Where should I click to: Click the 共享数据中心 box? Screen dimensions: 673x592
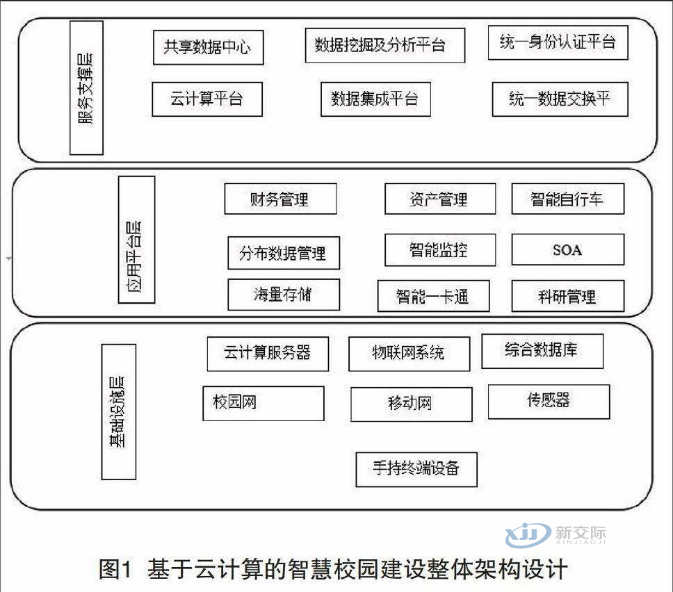tap(208, 47)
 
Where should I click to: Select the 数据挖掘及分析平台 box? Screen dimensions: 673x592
tap(385, 45)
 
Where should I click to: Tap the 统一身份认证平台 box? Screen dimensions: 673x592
tap(558, 42)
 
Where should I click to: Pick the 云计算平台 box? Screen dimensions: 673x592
tap(207, 99)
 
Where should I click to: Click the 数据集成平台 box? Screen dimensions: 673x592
tap(375, 99)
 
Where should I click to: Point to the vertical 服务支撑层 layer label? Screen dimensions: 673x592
tap(86, 88)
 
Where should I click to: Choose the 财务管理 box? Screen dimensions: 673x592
tap(281, 199)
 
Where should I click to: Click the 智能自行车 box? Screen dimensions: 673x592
tap(568, 199)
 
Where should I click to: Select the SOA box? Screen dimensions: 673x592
tap(568, 249)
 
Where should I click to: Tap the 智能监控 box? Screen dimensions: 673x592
tap(440, 249)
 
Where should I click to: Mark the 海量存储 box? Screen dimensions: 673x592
tap(284, 295)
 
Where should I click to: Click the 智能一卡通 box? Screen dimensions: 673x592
tap(434, 295)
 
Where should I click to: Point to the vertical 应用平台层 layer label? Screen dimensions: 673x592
tap(136, 240)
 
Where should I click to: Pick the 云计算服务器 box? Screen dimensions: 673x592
tap(268, 354)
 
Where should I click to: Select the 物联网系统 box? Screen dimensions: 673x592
tap(410, 354)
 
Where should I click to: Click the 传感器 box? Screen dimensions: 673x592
tap(549, 402)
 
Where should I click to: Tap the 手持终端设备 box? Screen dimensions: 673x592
tap(416, 469)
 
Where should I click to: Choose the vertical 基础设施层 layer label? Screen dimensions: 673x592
tap(118, 412)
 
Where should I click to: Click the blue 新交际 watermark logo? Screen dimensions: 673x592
tap(556, 534)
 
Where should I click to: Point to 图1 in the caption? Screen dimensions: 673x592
tap(115, 570)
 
